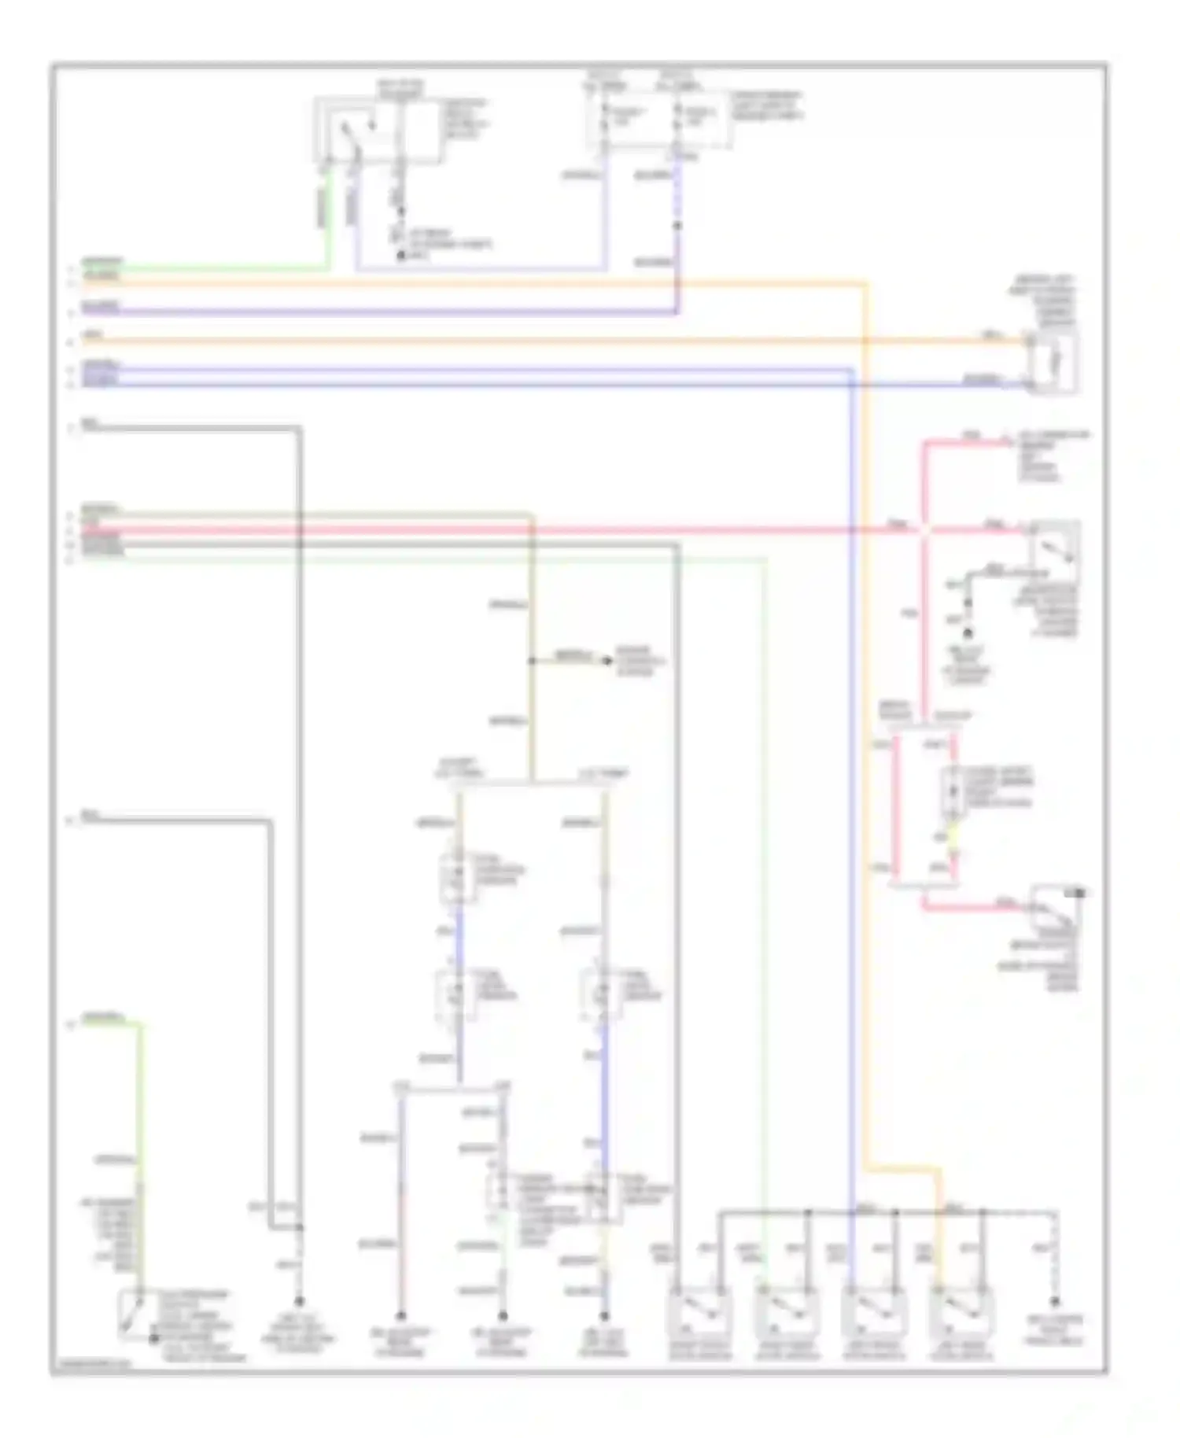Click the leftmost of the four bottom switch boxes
(x=699, y=1311)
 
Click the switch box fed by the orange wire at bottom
(x=961, y=1311)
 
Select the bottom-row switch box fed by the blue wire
(x=873, y=1311)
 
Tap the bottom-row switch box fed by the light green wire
(x=786, y=1311)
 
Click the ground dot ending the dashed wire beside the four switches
(x=1055, y=1302)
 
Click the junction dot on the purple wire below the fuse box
(x=677, y=227)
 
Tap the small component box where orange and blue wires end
(x=1054, y=363)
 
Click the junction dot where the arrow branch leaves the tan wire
(x=532, y=661)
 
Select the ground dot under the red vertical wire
(x=400, y=1315)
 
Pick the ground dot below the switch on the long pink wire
(x=968, y=632)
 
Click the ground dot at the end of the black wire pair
(x=298, y=1301)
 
